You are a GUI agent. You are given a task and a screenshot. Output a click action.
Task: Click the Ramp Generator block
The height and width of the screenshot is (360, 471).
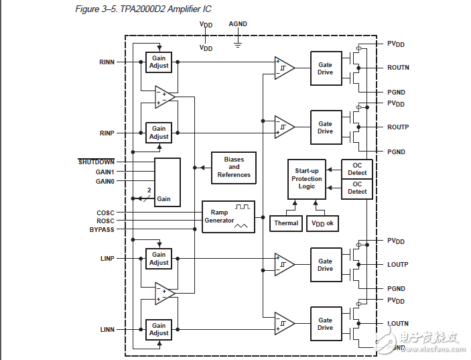(x=227, y=217)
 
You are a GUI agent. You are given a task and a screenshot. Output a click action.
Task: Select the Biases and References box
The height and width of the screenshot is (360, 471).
(x=233, y=168)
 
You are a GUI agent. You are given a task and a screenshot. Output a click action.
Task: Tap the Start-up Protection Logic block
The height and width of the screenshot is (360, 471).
(x=306, y=179)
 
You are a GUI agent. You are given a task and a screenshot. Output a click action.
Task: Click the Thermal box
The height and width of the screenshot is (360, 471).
(x=286, y=223)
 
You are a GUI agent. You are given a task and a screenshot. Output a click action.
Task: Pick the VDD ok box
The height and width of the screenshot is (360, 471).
(x=322, y=223)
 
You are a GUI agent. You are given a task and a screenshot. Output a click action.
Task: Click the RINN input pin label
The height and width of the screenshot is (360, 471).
(x=107, y=62)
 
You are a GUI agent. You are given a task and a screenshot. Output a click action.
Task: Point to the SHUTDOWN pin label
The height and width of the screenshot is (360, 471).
(x=96, y=162)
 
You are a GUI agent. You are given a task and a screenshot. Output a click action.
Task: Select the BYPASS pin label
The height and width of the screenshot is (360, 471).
(x=102, y=230)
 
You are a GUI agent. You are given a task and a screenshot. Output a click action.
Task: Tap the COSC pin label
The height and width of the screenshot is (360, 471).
(x=105, y=213)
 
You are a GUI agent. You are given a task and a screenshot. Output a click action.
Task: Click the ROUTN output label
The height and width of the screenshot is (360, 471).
(x=398, y=68)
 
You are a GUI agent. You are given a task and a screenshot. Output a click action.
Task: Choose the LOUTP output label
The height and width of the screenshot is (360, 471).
(x=397, y=265)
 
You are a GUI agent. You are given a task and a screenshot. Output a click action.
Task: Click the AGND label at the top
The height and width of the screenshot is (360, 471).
(x=238, y=24)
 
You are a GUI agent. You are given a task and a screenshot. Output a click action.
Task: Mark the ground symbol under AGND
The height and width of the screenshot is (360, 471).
(x=237, y=44)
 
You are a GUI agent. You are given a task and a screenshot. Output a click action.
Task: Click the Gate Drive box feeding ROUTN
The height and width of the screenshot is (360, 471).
(x=325, y=68)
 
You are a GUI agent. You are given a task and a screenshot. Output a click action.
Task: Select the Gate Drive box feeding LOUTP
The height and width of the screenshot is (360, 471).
(x=325, y=265)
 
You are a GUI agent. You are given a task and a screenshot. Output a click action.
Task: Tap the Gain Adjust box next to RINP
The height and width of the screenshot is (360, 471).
(x=159, y=132)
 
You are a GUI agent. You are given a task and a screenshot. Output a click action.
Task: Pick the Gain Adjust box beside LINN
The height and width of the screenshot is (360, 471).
(x=159, y=329)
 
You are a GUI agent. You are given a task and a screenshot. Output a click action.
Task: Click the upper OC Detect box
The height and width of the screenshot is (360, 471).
(x=357, y=169)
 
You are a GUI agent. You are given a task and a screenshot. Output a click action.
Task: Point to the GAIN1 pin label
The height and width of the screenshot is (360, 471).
(x=105, y=172)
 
